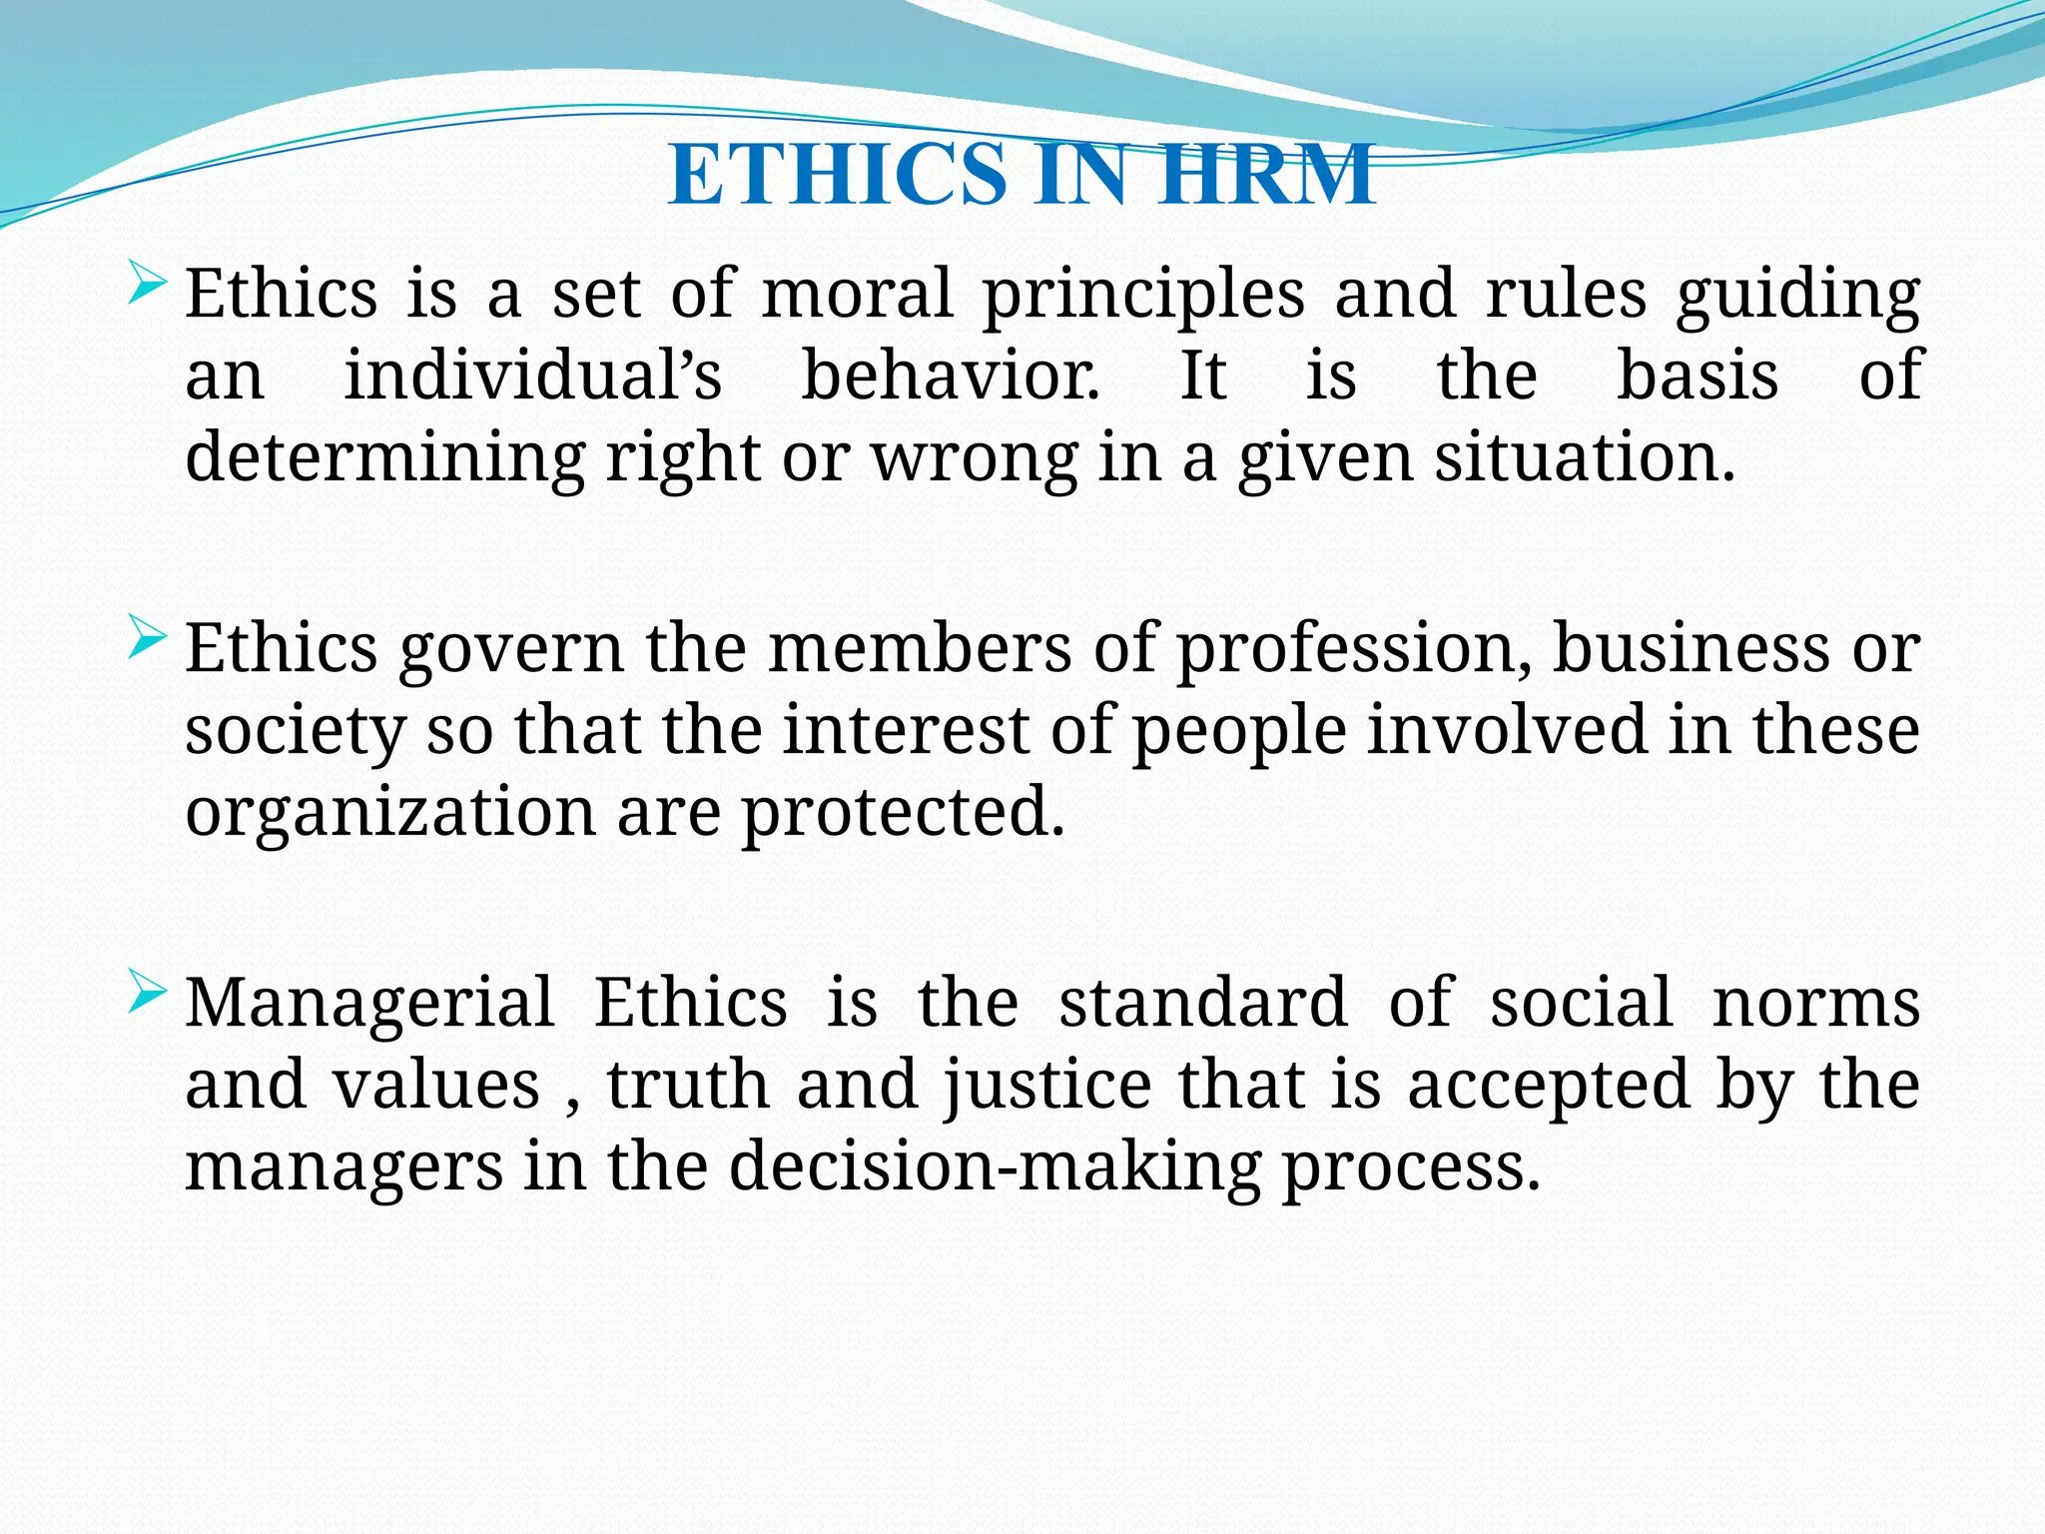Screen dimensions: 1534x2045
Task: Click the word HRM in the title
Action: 1267,175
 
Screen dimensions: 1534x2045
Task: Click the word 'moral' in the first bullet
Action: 858,295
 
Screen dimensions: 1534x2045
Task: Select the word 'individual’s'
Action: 533,376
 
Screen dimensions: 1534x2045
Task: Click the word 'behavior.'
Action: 951,376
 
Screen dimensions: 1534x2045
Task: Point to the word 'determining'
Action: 385,458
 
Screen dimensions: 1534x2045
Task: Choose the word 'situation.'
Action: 1586,458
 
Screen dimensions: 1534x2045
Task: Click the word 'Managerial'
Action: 369,1005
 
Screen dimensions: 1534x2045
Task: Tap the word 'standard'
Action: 1203,1003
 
